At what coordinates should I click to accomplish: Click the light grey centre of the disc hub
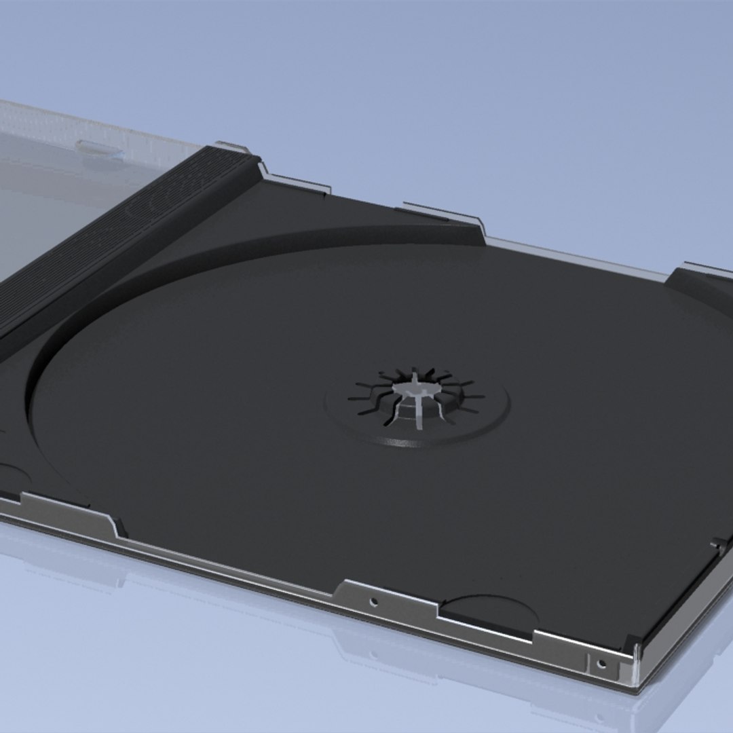[415, 388]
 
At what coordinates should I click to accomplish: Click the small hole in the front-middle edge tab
[373, 601]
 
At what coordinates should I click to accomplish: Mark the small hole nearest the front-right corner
[600, 662]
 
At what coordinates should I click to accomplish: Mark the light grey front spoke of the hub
[421, 414]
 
